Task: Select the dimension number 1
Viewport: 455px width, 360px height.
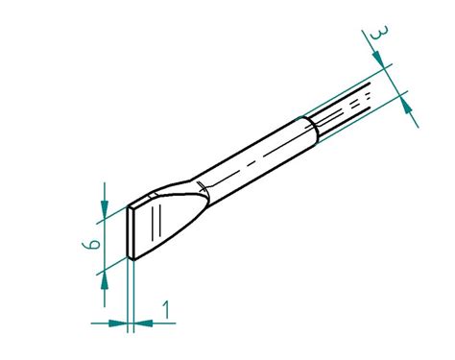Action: [x=167, y=309]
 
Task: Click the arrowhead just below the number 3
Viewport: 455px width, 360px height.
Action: [x=384, y=62]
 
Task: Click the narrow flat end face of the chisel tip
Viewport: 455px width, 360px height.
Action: [x=132, y=233]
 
